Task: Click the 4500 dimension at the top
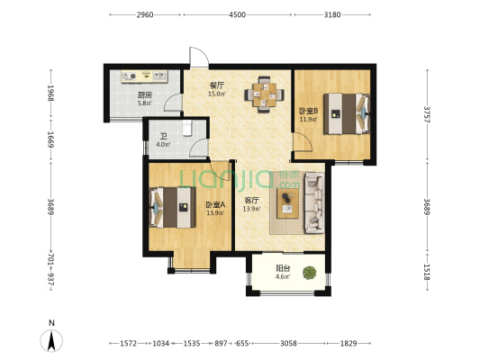coord(238,14)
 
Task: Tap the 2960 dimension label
coord(145,14)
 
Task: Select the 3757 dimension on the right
coord(427,114)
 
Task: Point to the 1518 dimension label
coord(427,272)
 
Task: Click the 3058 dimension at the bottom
coord(288,344)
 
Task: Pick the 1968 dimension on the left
coord(51,93)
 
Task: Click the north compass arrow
coord(51,341)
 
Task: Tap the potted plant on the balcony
coord(310,273)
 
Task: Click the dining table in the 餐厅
coord(264,94)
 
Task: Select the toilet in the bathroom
coord(186,128)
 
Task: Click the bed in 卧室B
coord(347,113)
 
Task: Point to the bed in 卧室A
coord(172,207)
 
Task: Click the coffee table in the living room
coord(287,203)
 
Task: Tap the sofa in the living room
coord(314,203)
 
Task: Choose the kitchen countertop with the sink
coord(144,76)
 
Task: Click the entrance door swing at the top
coord(199,58)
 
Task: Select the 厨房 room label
coord(144,95)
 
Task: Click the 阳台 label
coord(283,268)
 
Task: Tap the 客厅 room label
coord(251,201)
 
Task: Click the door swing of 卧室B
coord(303,142)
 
